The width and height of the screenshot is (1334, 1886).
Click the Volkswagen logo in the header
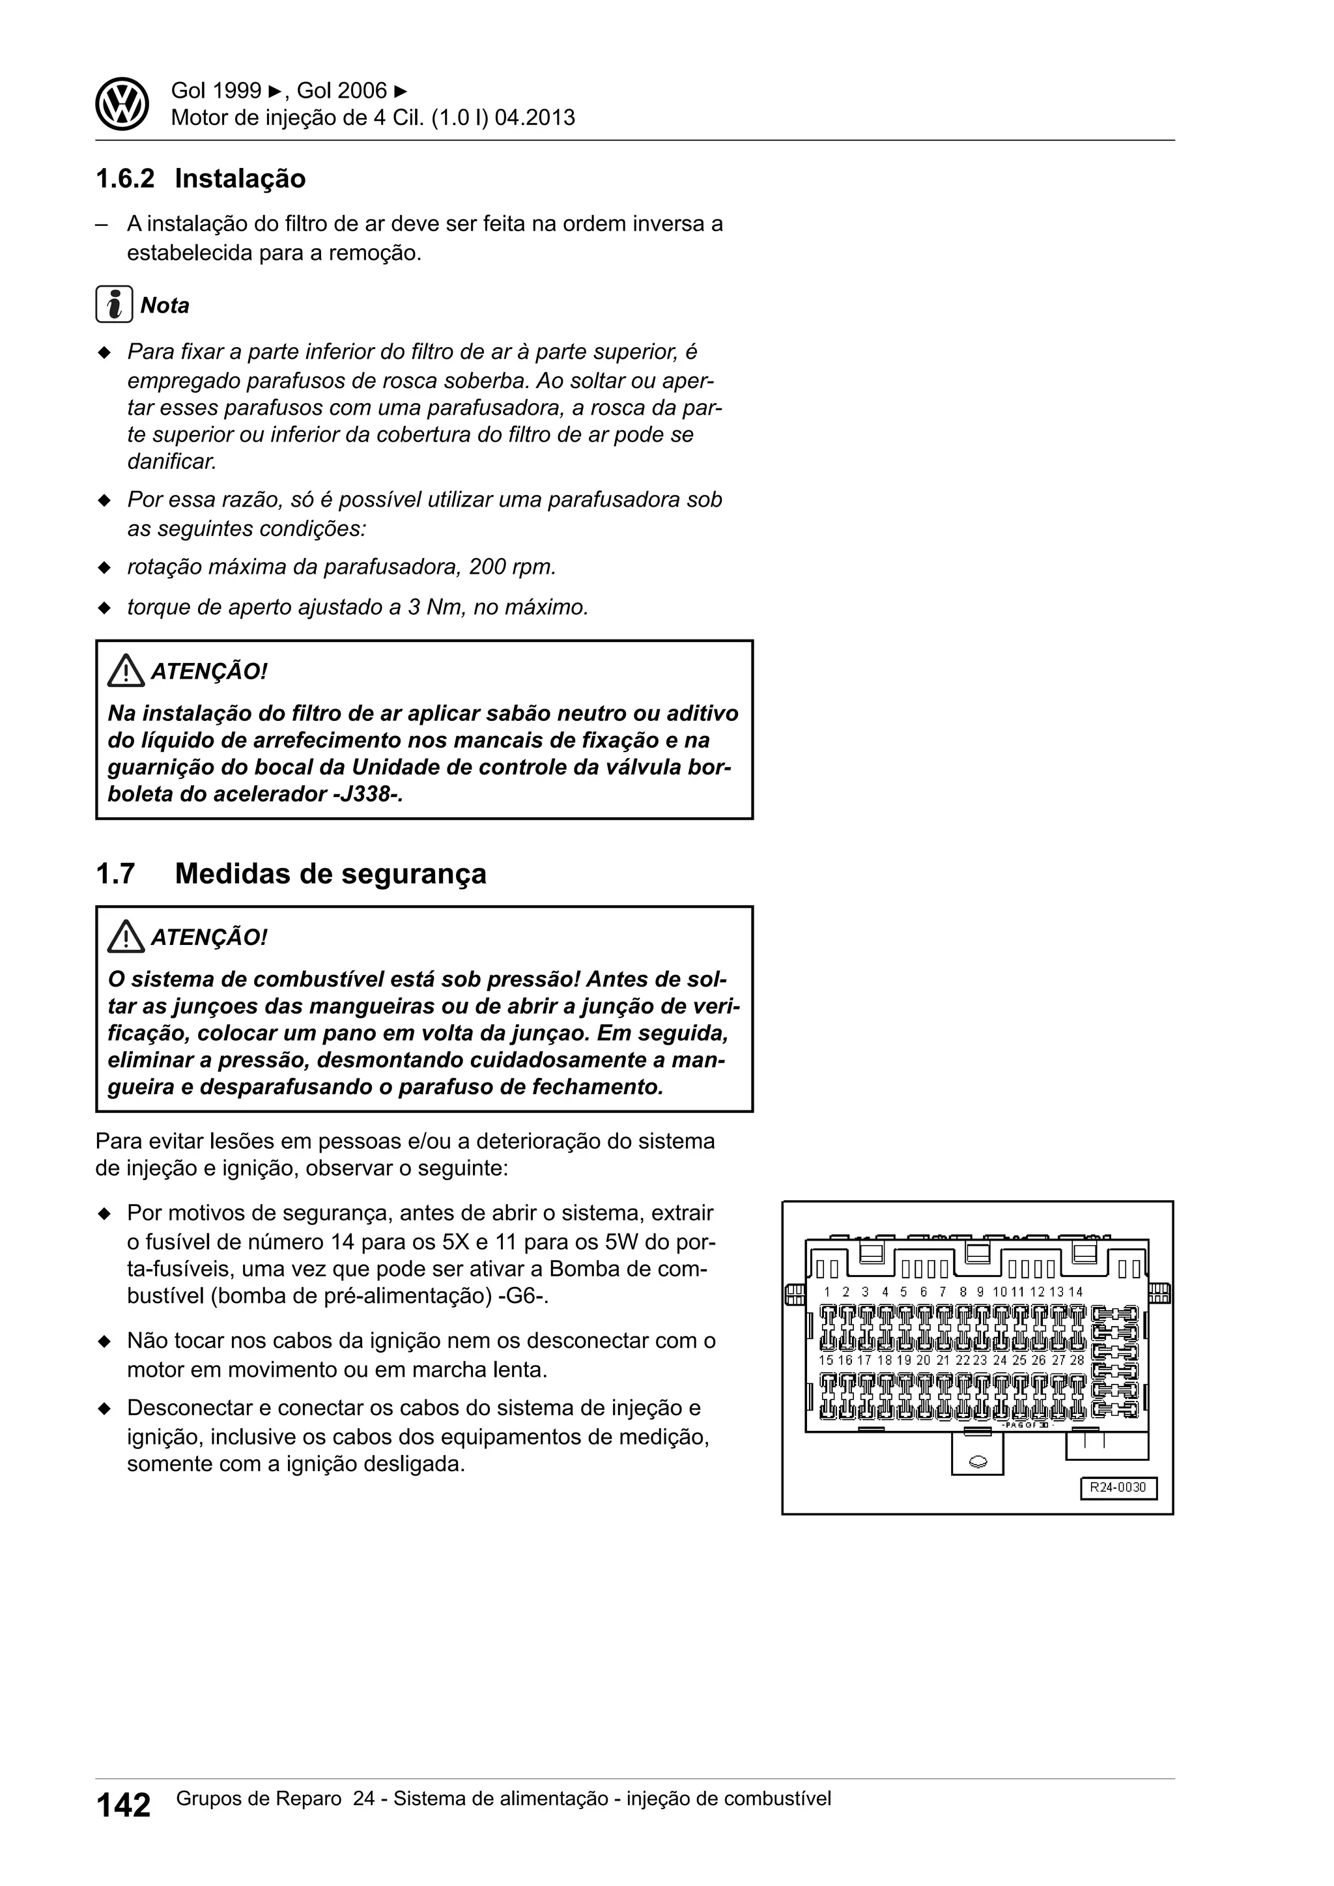coord(122,104)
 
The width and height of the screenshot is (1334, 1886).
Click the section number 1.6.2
coord(125,178)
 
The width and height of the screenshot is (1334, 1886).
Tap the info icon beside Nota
coord(113,305)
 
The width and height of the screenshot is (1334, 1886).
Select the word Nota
coord(164,305)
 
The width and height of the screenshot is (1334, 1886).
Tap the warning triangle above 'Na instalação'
coord(125,672)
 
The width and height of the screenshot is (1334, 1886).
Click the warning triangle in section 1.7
coord(125,937)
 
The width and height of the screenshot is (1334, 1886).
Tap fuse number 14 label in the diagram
coord(1076,1292)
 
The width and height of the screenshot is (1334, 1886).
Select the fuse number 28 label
coord(1076,1360)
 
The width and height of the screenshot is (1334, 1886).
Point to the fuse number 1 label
coord(827,1292)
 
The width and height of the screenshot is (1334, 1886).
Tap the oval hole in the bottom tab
coord(978,1461)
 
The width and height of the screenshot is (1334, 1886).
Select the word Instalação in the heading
coord(240,178)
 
